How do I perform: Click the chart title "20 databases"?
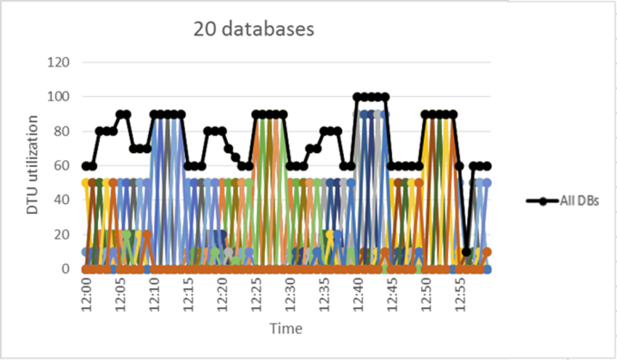click(x=254, y=29)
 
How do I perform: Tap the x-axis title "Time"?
click(x=286, y=328)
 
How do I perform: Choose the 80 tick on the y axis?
click(x=62, y=131)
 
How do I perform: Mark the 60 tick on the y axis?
click(x=62, y=165)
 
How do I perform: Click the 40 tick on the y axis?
click(x=62, y=200)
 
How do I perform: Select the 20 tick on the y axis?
click(x=62, y=234)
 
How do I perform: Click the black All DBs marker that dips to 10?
click(x=466, y=252)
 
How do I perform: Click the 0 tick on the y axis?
click(x=65, y=269)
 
